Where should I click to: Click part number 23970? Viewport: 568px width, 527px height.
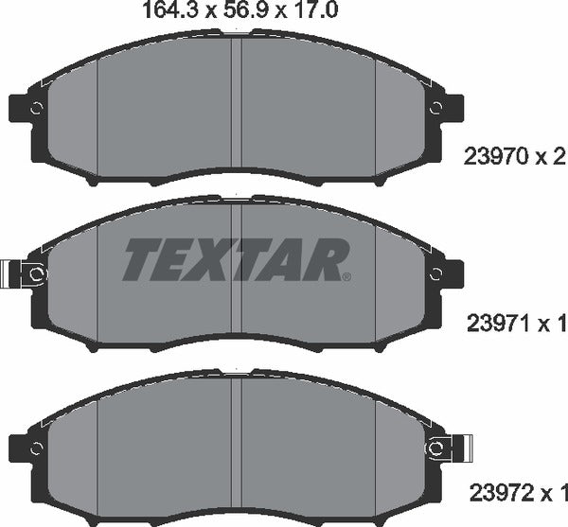tap(492, 154)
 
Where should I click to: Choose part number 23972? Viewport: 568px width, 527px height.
tap(492, 492)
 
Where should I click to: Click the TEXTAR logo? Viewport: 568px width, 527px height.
tap(237, 257)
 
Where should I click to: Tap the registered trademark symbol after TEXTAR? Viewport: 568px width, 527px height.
tap(346, 276)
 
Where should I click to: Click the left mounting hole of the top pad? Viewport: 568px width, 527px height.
tap(36, 108)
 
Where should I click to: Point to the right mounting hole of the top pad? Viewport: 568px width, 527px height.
tap(436, 108)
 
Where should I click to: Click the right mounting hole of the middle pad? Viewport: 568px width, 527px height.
tap(436, 273)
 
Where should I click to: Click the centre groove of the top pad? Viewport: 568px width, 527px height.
tap(237, 95)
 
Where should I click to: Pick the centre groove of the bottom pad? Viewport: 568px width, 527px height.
tap(237, 435)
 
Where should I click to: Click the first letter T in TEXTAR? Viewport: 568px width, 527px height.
tap(141, 257)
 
